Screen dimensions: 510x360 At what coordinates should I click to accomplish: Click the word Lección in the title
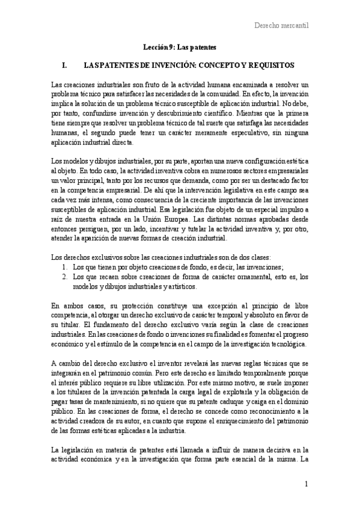(x=155, y=46)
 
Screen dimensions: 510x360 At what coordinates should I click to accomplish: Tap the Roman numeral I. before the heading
(x=58, y=64)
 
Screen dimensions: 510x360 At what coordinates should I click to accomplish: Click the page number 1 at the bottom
(x=306, y=484)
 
